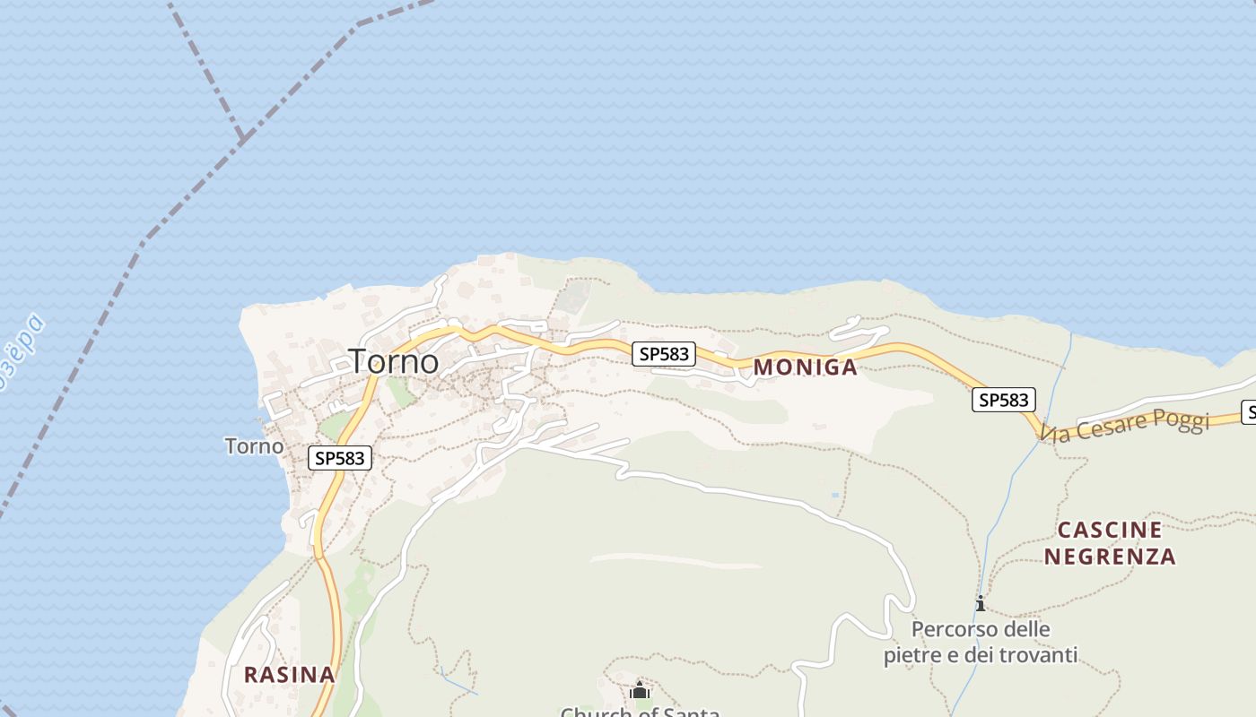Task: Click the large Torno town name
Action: [x=394, y=361]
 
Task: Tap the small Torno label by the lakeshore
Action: [x=254, y=445]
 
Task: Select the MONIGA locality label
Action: [x=805, y=367]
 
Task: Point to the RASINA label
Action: [x=289, y=674]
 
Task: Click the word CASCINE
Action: [x=1109, y=530]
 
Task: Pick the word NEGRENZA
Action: [x=1109, y=557]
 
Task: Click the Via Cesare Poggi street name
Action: [x=1126, y=426]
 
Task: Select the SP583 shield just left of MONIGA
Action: [x=664, y=354]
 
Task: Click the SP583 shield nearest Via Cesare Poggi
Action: [x=1003, y=400]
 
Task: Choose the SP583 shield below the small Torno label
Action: [x=340, y=458]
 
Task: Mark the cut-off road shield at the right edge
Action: [x=1249, y=412]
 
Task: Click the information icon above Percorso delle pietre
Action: [x=981, y=603]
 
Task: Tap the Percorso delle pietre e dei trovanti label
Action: [x=981, y=642]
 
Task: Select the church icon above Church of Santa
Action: [x=640, y=690]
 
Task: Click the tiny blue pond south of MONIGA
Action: [x=836, y=494]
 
